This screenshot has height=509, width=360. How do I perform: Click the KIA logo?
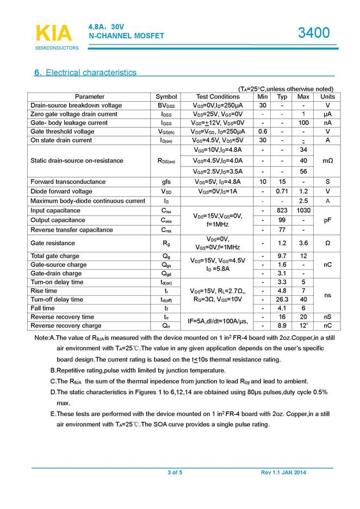(x=53, y=33)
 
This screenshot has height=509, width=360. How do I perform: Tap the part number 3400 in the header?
(x=314, y=33)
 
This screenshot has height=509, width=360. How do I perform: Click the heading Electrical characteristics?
(x=85, y=72)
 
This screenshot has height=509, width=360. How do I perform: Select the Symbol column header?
(x=166, y=97)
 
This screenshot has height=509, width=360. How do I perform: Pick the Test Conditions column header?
(x=218, y=97)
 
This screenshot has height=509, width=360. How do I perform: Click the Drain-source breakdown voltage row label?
(x=76, y=105)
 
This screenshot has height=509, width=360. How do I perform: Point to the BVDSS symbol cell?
(x=166, y=105)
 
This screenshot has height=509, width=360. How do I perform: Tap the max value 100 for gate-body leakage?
(x=303, y=123)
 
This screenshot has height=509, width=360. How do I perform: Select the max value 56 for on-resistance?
(x=303, y=172)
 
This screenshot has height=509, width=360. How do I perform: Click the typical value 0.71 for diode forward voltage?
(x=282, y=191)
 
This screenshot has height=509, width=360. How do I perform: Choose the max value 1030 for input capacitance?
(x=303, y=210)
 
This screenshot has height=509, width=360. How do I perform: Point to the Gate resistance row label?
(x=53, y=243)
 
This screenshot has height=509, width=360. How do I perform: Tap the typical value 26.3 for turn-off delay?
(x=282, y=300)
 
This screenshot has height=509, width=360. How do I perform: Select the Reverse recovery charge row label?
(x=66, y=326)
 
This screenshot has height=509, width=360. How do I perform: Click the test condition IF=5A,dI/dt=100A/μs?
(x=218, y=321)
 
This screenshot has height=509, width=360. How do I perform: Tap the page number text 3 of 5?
(x=175, y=473)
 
